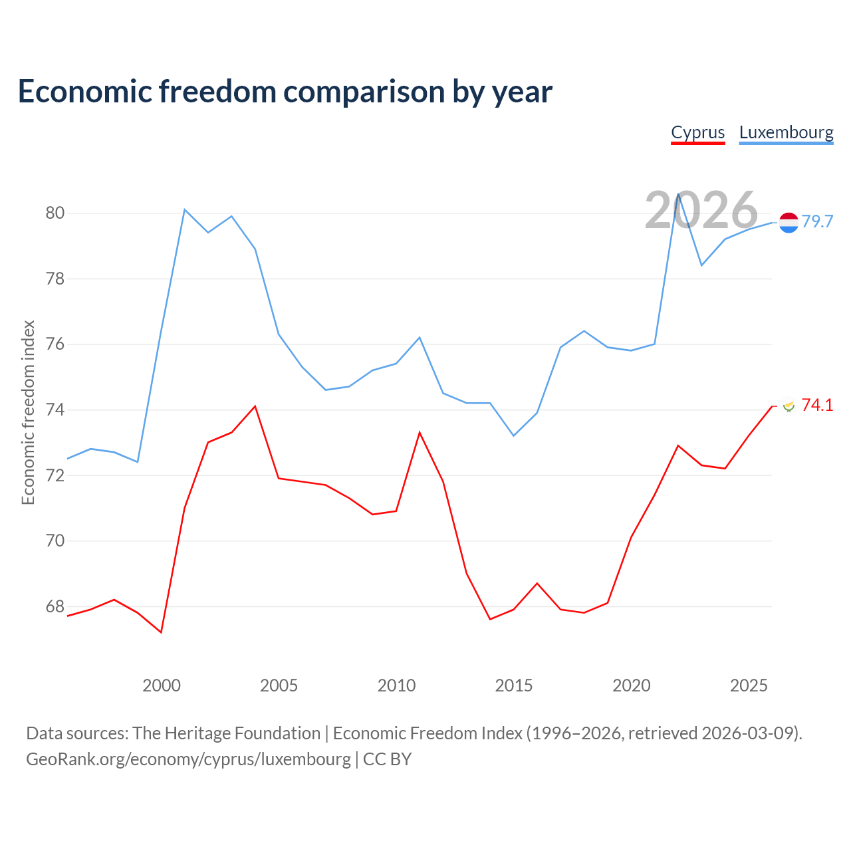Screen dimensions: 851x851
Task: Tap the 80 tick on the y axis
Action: (x=55, y=213)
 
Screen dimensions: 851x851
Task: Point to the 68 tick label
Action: (x=55, y=606)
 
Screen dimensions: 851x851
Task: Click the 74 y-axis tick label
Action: (x=55, y=410)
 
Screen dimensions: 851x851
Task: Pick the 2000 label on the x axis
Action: (x=161, y=685)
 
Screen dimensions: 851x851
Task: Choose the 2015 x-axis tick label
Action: (x=514, y=685)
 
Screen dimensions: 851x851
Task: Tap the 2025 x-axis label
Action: (x=749, y=685)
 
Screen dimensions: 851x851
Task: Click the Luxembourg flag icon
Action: (x=789, y=223)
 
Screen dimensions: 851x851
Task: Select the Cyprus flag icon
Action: (x=789, y=406)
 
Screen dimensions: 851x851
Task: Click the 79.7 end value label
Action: (x=818, y=221)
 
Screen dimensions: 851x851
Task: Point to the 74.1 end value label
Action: (x=818, y=405)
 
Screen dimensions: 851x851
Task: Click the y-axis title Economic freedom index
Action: (x=29, y=412)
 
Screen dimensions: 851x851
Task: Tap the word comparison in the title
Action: (x=364, y=91)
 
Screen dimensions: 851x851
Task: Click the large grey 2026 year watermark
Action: (x=701, y=210)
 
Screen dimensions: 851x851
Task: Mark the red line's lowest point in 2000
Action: (x=161, y=632)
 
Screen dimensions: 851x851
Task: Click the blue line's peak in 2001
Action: (x=185, y=209)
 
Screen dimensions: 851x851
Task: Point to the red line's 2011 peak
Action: (x=420, y=432)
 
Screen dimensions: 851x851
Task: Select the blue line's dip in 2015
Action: (x=514, y=436)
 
